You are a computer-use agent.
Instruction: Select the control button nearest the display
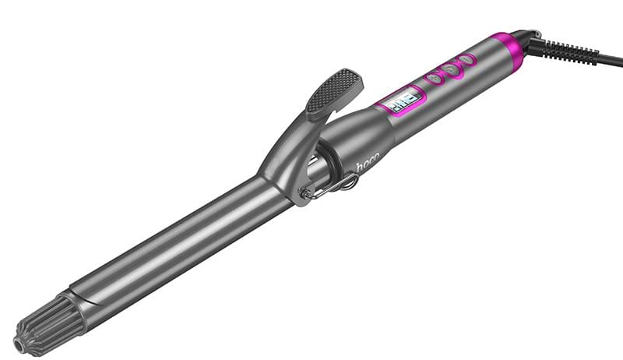click(434, 79)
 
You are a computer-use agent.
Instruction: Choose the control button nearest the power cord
click(466, 59)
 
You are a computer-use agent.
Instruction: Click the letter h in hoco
click(360, 167)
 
